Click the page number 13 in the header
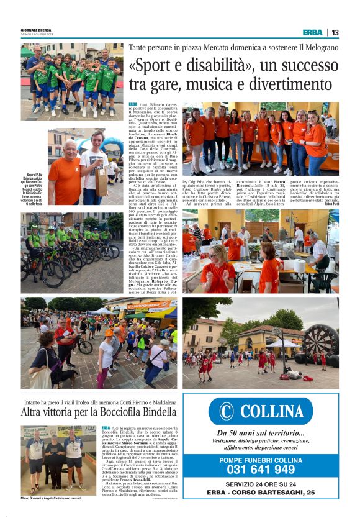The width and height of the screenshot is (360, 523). (335, 32)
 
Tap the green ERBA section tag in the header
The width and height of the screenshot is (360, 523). (313, 32)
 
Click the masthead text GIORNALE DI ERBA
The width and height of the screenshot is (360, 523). (36, 30)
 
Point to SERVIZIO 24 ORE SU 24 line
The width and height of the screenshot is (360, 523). (261, 484)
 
